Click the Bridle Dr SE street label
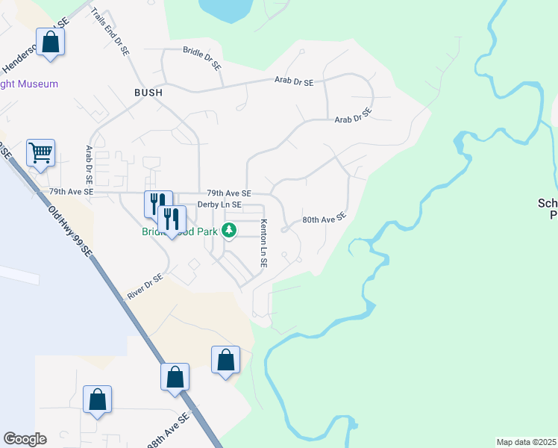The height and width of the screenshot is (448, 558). [202, 57]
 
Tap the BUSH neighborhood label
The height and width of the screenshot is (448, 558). [148, 93]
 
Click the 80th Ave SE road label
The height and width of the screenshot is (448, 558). [325, 219]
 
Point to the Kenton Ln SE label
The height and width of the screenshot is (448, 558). [263, 243]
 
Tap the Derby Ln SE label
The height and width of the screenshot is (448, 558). [219, 205]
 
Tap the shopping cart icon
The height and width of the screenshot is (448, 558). [40, 153]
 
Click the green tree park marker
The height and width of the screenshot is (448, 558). [231, 230]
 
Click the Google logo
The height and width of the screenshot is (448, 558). [25, 439]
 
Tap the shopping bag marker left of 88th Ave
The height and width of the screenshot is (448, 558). [98, 399]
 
